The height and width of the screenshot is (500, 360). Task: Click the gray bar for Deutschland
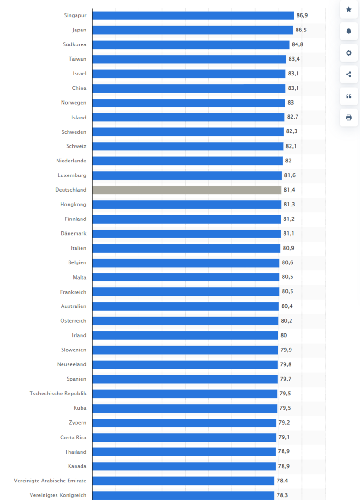[x=187, y=190]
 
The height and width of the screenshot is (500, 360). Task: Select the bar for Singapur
[x=193, y=15]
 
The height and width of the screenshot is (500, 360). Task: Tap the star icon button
[x=349, y=10]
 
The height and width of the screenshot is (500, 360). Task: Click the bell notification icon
[x=349, y=31]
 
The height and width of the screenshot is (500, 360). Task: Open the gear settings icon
[x=349, y=53]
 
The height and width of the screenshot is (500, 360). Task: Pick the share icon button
[x=349, y=74]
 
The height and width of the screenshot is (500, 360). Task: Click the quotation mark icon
[x=349, y=96]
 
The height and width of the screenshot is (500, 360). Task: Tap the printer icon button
[x=349, y=118]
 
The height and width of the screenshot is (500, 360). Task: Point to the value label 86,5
[x=301, y=30]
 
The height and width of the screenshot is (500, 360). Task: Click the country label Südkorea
[x=75, y=44]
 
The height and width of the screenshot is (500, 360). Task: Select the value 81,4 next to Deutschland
[x=289, y=190]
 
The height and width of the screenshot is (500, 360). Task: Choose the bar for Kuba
[x=184, y=408]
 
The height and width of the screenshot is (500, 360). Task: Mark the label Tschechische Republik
[x=58, y=394]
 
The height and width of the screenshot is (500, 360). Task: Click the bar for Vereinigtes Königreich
[x=183, y=495]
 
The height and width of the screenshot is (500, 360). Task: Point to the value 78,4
[x=282, y=481]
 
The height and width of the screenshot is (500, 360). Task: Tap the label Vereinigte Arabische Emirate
[x=50, y=481]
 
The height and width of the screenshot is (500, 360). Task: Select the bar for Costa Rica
[x=184, y=437]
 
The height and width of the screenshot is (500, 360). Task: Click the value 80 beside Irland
[x=284, y=335]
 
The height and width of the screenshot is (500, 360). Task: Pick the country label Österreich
[x=73, y=320]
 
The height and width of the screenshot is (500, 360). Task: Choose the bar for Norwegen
[x=189, y=103]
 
